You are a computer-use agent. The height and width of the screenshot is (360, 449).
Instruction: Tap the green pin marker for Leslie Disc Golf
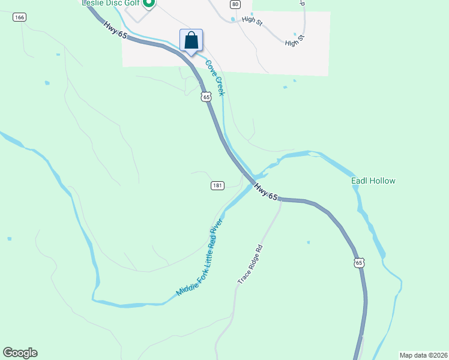tap(149, 3)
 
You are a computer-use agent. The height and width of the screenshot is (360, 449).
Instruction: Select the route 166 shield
tap(19, 17)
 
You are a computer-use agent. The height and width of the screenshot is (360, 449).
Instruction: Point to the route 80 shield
tap(235, 4)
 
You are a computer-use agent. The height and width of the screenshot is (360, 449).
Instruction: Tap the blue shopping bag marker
tap(191, 41)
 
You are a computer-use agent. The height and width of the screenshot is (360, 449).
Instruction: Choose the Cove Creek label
tap(215, 77)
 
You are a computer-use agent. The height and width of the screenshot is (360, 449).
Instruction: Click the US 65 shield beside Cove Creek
tap(206, 96)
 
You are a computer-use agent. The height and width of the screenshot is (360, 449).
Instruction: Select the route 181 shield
tap(218, 186)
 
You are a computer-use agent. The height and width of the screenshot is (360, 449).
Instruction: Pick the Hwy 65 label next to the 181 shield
tap(267, 192)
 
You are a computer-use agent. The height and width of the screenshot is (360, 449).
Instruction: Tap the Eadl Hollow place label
tap(373, 181)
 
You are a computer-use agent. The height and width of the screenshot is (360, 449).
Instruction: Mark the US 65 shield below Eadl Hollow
tap(359, 263)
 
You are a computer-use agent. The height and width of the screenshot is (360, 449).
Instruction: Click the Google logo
tap(20, 353)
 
